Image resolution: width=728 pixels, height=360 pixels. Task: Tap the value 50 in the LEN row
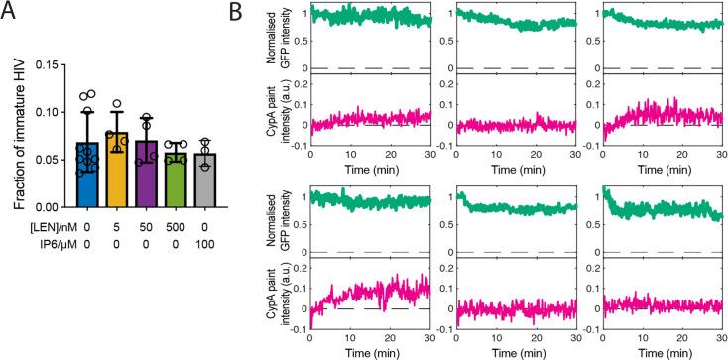tap(149, 227)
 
